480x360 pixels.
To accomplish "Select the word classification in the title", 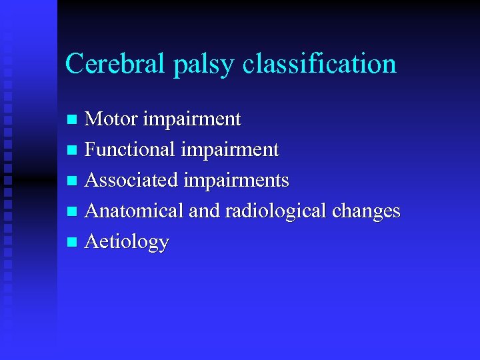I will pos(320,65).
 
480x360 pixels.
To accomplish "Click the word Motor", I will pos(112,119).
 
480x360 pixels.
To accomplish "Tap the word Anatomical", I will pos(135,211).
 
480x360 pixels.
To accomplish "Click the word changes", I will pos(365,212).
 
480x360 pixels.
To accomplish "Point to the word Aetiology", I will pos(127,242).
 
